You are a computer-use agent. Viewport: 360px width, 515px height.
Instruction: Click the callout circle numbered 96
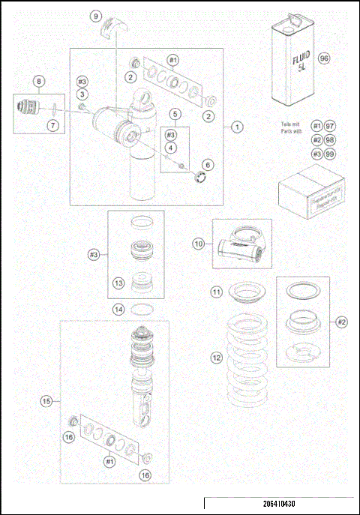point(323,58)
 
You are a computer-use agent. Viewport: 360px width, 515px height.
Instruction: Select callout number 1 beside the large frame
point(236,127)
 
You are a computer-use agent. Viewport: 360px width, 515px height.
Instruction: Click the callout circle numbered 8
point(39,80)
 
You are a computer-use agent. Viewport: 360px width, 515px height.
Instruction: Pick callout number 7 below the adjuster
point(52,125)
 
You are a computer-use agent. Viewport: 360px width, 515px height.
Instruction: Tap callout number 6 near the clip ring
point(208,164)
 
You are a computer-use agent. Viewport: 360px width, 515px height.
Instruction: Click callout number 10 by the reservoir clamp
point(198,243)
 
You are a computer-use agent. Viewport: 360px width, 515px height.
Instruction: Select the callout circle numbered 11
point(215,292)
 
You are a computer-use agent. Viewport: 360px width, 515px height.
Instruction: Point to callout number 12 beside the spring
point(216,358)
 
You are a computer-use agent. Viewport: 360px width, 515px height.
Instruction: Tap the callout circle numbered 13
point(118,283)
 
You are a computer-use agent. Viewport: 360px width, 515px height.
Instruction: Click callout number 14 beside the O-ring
point(118,308)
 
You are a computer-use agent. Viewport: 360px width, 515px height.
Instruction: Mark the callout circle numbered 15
point(46,402)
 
